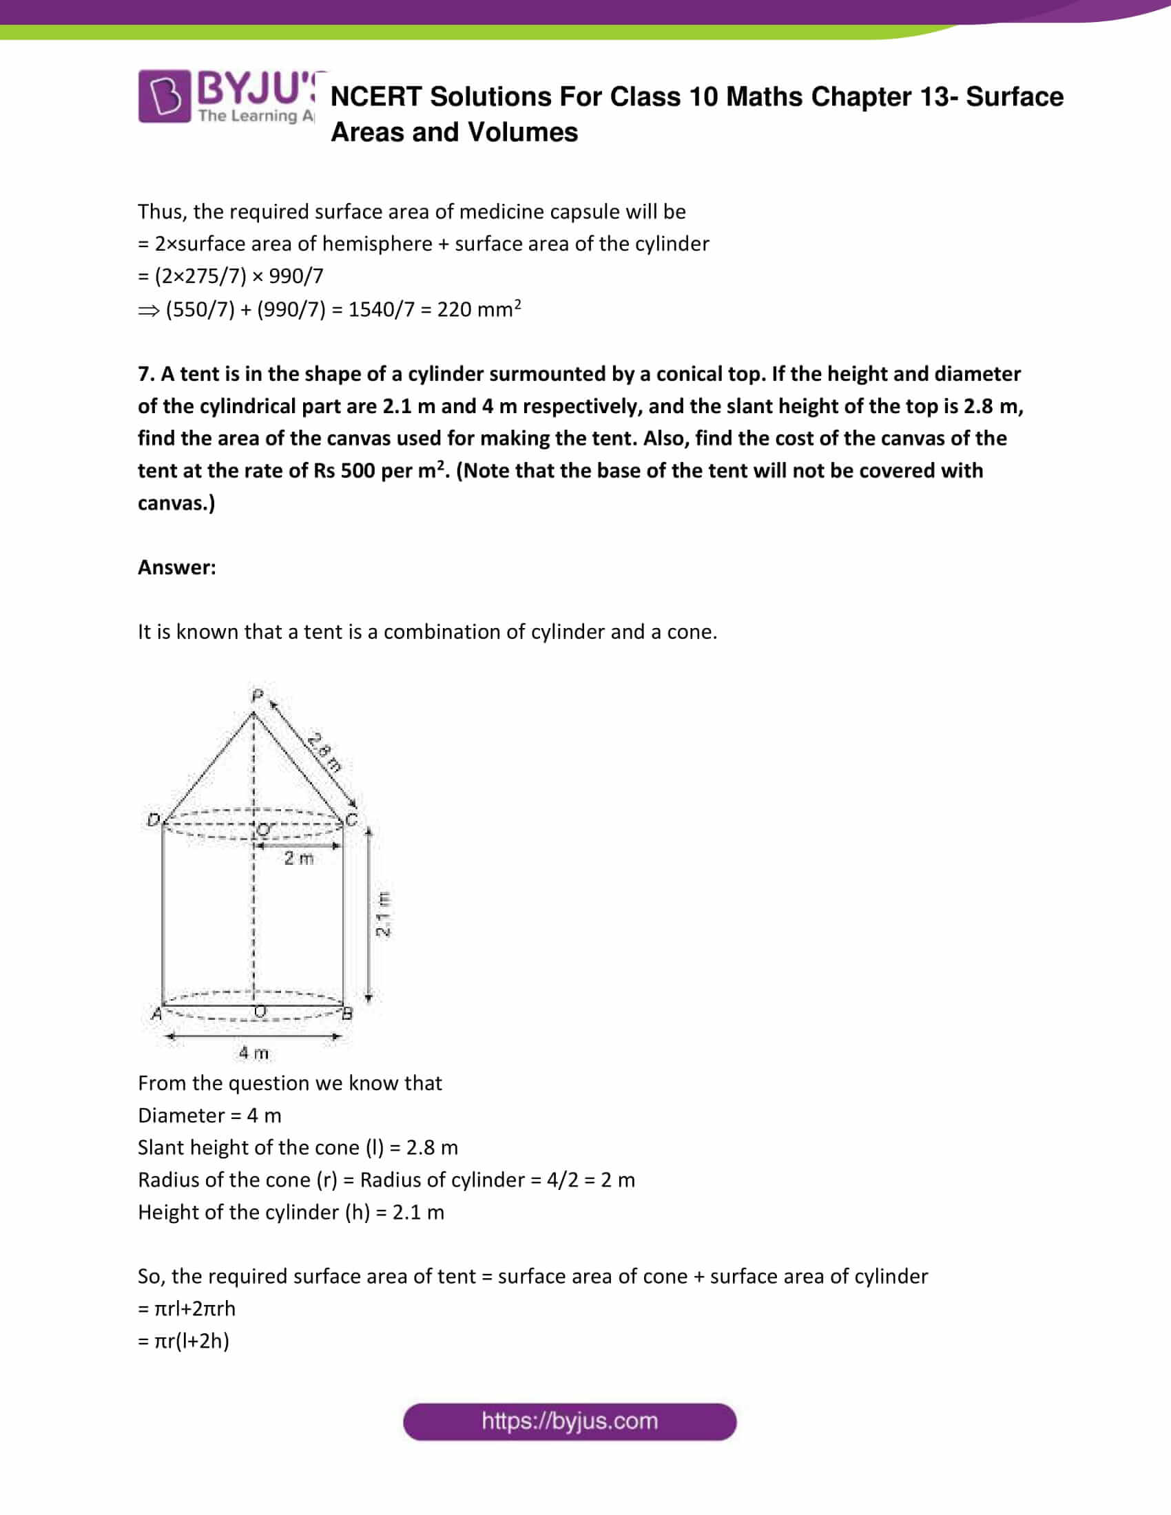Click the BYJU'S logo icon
click(164, 96)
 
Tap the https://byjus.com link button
click(569, 1421)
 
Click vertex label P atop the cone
click(258, 694)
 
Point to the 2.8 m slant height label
click(324, 753)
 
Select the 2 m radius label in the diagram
click(298, 859)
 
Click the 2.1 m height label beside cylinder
click(383, 915)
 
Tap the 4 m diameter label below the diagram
click(253, 1053)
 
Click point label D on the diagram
click(154, 820)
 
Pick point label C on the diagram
click(351, 820)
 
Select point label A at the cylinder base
click(157, 1014)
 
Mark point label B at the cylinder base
click(348, 1014)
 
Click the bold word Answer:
click(177, 567)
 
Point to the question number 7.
click(145, 374)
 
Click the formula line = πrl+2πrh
click(187, 1308)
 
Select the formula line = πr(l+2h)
click(184, 1340)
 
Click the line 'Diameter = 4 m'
click(209, 1116)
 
